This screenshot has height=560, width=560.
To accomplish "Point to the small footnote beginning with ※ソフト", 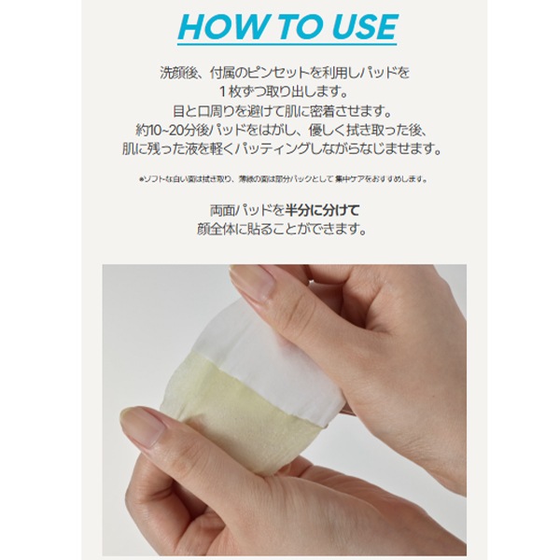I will tap(280, 178).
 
